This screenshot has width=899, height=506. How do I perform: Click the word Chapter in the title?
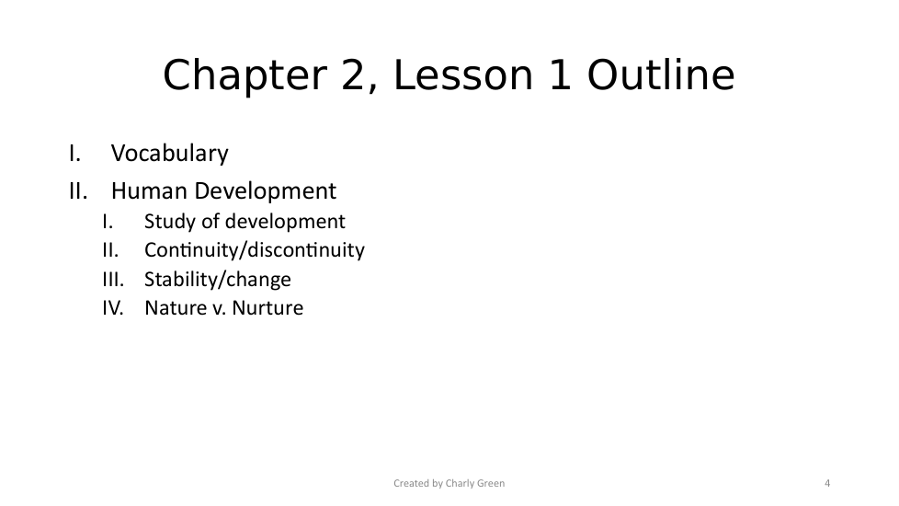(x=245, y=75)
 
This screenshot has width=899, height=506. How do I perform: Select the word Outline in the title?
(x=661, y=75)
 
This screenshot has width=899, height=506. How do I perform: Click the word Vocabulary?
(x=170, y=154)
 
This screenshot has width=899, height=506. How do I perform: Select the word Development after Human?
(x=266, y=192)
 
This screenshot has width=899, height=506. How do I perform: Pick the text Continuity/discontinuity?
(x=255, y=251)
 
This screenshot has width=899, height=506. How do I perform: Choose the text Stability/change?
(x=218, y=280)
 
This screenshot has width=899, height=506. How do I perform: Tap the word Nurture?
(x=267, y=308)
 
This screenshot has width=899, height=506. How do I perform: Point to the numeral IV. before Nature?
(x=113, y=308)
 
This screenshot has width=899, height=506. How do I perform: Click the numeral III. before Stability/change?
(x=113, y=280)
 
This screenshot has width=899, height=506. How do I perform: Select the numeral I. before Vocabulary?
(x=75, y=154)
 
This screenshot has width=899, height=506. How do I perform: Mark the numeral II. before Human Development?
(x=78, y=191)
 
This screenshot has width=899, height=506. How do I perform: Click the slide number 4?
(x=827, y=483)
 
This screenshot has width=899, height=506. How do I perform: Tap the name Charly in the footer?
(x=459, y=484)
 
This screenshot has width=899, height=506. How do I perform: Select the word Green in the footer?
(x=490, y=483)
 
